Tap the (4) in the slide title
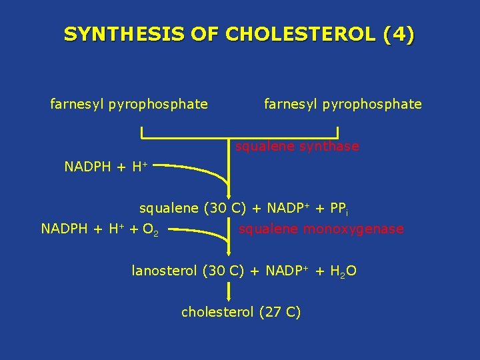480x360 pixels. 399,34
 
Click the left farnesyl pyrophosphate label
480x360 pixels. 129,104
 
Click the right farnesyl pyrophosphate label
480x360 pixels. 343,104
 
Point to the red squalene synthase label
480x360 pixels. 297,146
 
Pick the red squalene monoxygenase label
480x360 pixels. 321,229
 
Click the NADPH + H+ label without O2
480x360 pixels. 105,167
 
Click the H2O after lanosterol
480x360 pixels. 343,271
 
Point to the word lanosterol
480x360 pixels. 164,271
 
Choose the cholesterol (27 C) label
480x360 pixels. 241,311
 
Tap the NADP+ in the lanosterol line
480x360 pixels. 286,271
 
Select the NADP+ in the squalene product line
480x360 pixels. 283,208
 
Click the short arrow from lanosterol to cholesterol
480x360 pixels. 229,291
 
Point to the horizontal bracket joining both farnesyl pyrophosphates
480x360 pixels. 240,138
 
